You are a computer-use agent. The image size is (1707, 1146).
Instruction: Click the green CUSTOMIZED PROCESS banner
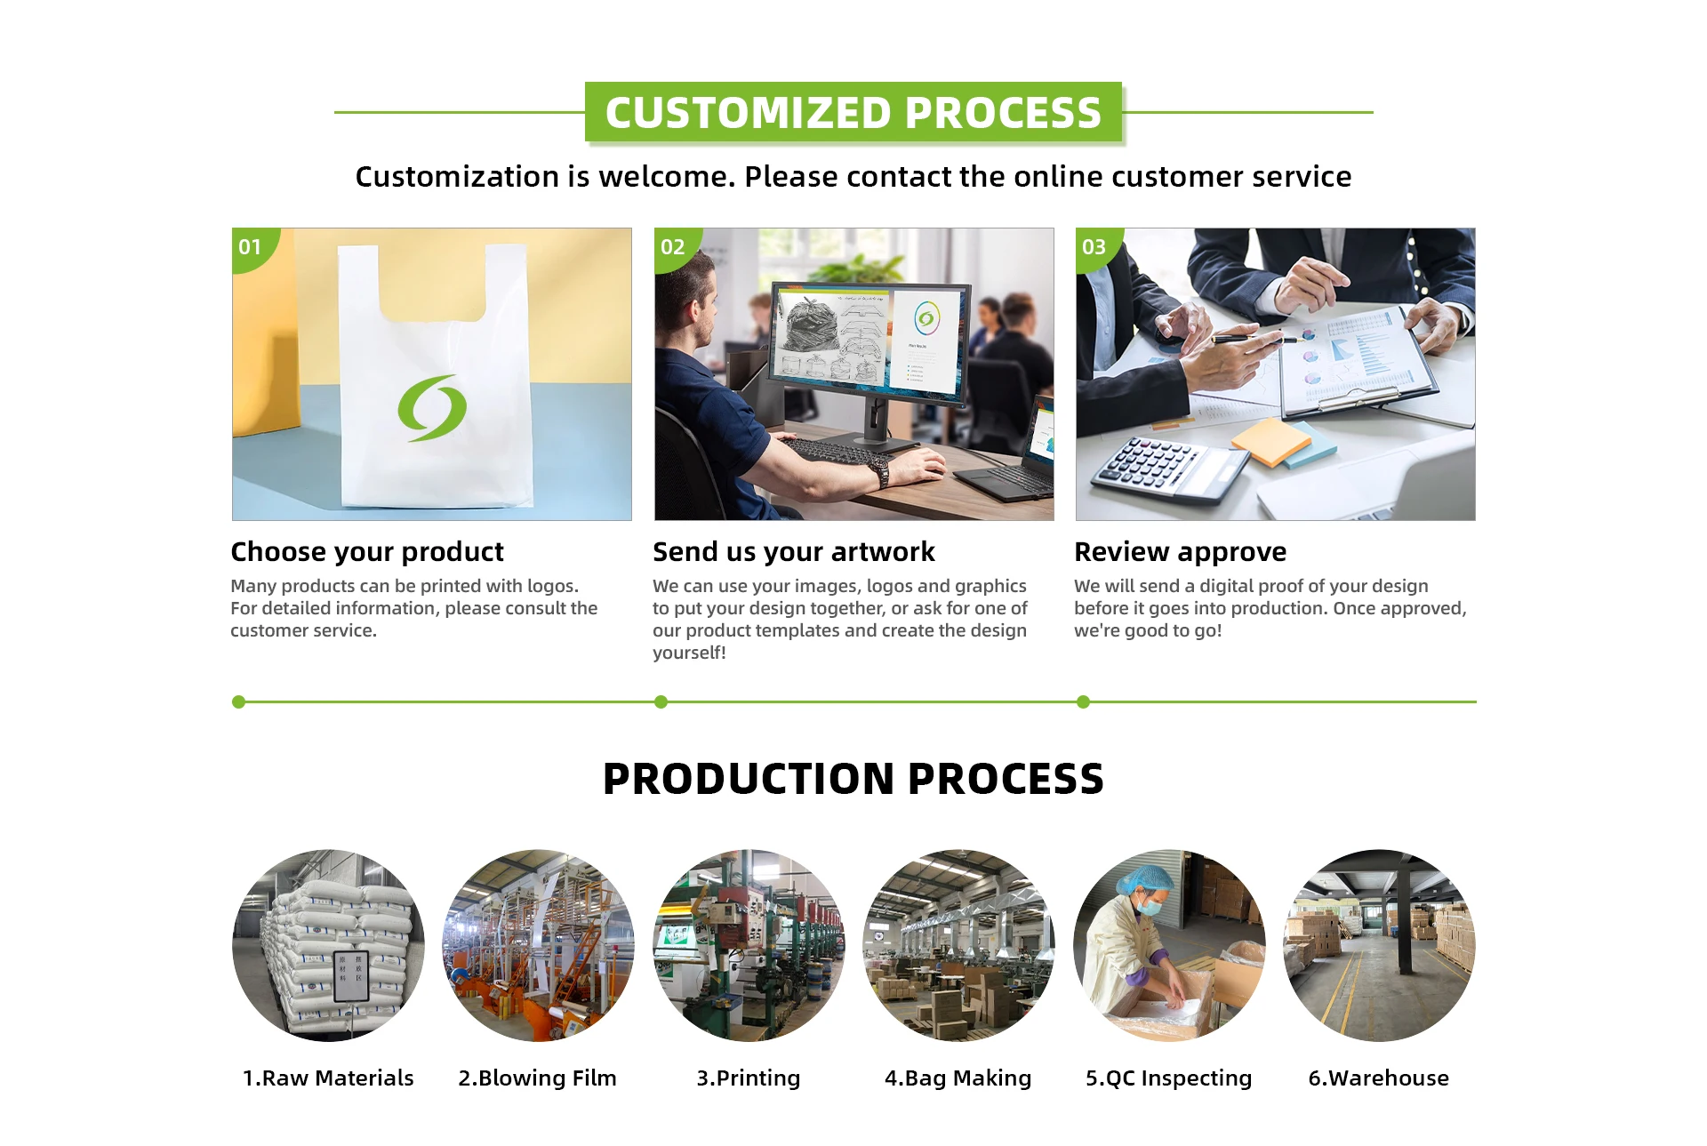[853, 113]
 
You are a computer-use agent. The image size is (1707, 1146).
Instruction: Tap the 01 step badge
[251, 246]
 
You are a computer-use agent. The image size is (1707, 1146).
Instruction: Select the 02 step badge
[673, 246]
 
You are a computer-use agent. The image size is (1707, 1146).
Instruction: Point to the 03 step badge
[1094, 246]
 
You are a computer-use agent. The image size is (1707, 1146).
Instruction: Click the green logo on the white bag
[432, 408]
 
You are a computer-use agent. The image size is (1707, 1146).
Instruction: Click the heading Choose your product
[367, 552]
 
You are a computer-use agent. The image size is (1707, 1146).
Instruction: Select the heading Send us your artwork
[793, 552]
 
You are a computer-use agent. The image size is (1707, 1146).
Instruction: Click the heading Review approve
[1180, 552]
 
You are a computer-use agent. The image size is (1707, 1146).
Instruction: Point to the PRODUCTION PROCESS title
[853, 779]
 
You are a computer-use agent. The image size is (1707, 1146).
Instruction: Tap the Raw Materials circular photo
[328, 945]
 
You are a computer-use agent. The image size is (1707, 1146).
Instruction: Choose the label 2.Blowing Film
[537, 1078]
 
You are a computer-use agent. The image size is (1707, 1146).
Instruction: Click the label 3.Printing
[748, 1078]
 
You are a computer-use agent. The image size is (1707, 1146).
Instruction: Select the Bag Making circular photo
[958, 945]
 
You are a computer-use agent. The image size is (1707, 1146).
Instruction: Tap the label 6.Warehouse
[1378, 1078]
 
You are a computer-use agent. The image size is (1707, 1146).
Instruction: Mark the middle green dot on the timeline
[661, 701]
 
